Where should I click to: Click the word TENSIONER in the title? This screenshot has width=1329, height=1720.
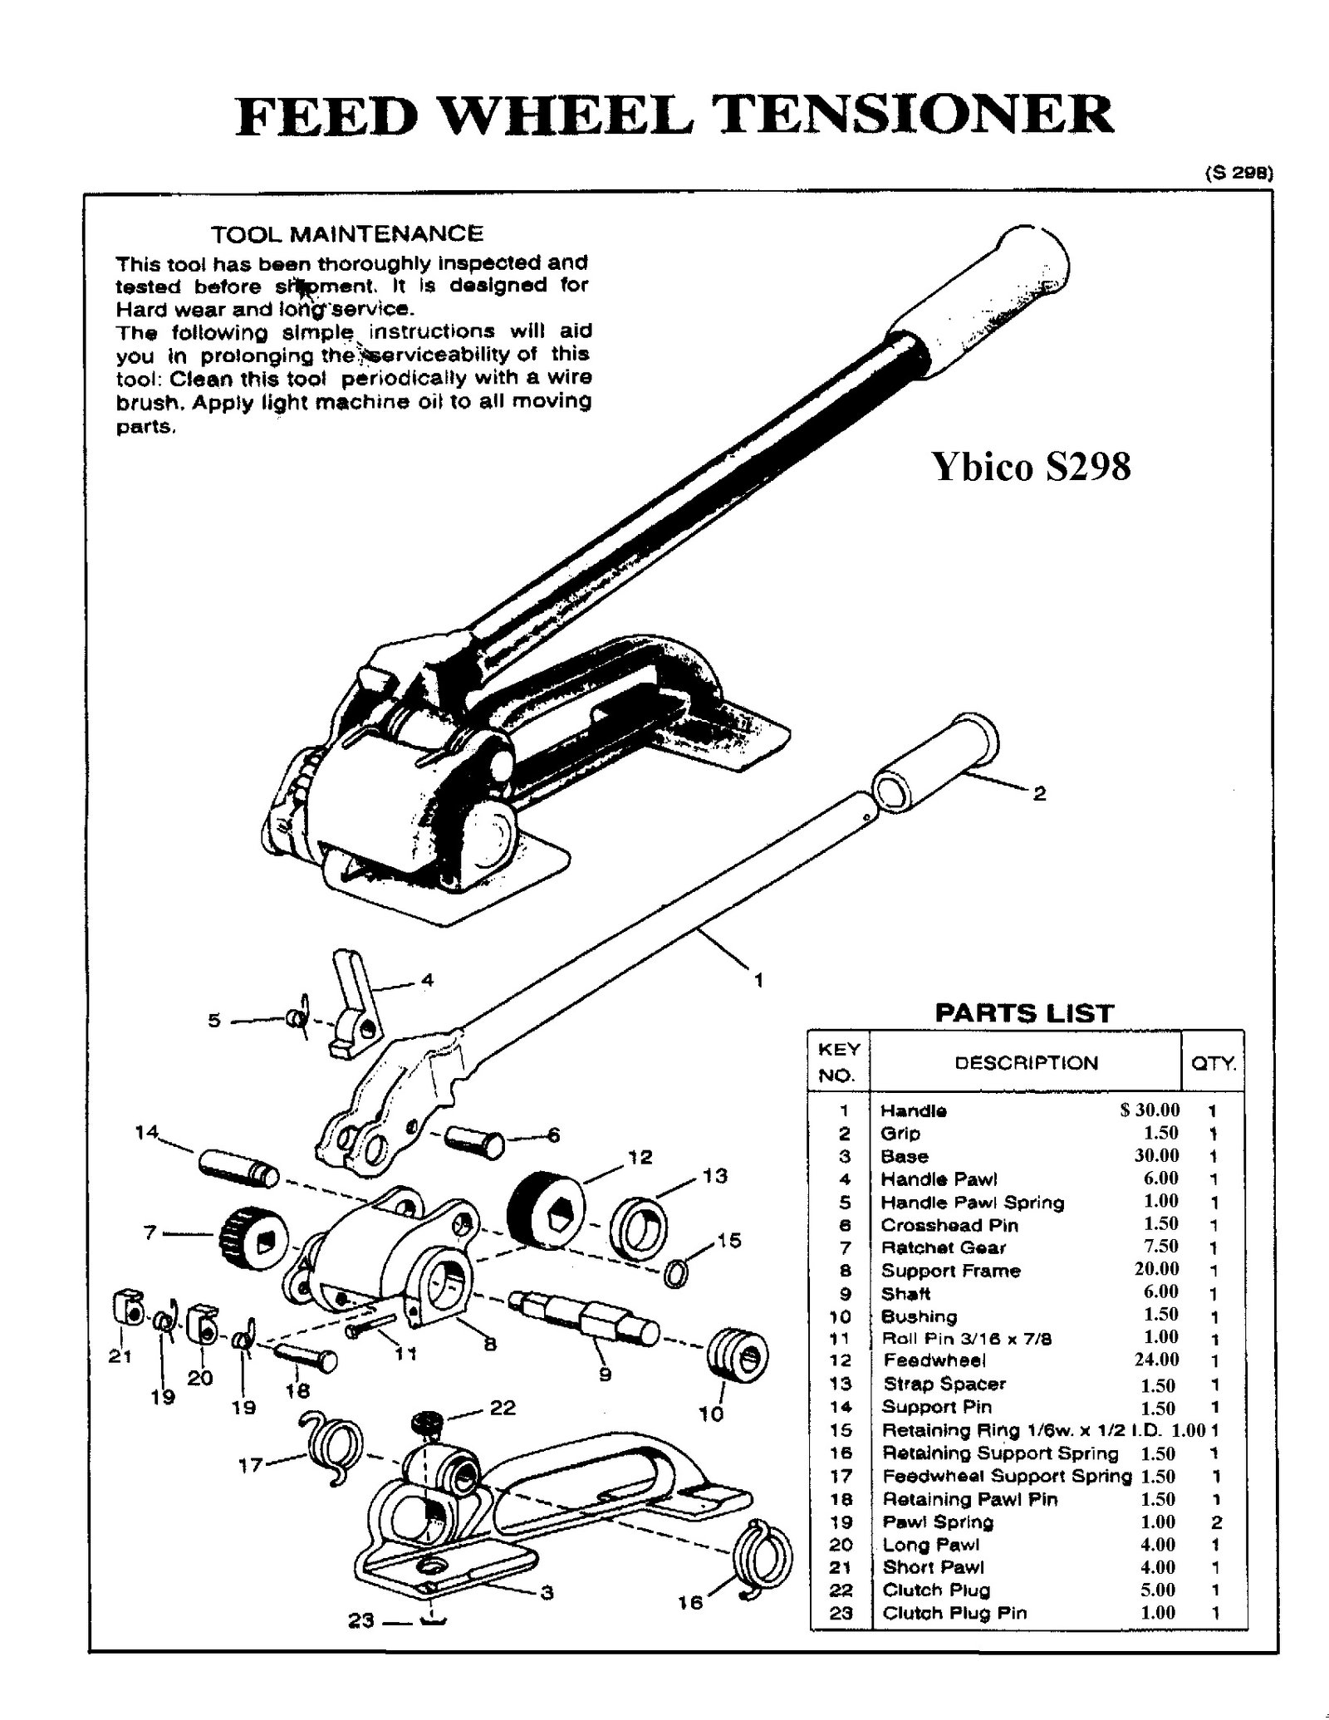pos(914,115)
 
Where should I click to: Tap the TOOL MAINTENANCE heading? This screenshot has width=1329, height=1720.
pos(346,234)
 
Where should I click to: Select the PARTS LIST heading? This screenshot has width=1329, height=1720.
pos(1023,1013)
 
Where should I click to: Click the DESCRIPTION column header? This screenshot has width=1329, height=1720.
pos(1026,1063)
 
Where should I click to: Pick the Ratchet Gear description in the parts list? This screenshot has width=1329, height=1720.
pos(943,1247)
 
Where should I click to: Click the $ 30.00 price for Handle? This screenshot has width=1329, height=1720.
pos(1150,1110)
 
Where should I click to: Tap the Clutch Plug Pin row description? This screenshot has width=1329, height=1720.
pos(954,1613)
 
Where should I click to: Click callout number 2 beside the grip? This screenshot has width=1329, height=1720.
pos(1039,794)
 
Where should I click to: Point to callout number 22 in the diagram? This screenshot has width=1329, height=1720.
pos(503,1407)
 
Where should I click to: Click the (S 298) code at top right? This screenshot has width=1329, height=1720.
pos(1238,174)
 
